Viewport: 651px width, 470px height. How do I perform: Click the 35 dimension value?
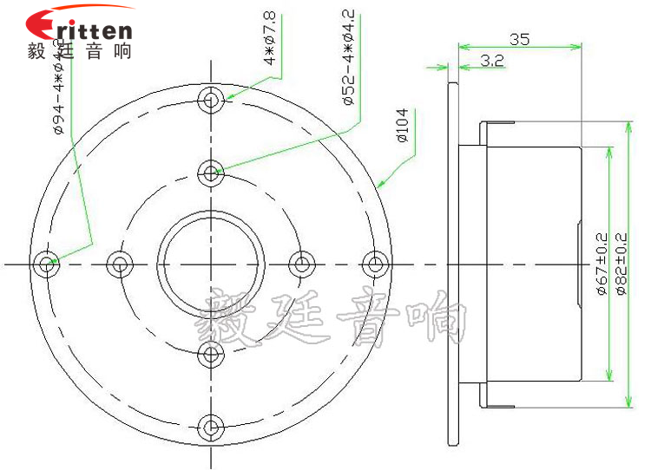(x=519, y=39)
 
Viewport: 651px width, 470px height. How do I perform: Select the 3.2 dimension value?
(x=492, y=61)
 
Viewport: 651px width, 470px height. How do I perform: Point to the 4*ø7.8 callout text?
(x=270, y=40)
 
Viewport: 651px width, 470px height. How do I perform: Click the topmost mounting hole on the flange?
(x=210, y=101)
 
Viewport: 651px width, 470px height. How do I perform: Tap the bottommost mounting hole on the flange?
(x=210, y=427)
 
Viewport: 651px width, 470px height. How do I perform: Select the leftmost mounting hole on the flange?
(x=47, y=264)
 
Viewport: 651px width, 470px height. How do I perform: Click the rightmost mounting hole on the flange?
(x=373, y=264)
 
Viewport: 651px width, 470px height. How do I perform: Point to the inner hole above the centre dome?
(x=210, y=173)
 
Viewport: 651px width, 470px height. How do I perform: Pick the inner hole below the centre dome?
(x=210, y=354)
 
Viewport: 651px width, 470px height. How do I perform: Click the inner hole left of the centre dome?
(x=120, y=264)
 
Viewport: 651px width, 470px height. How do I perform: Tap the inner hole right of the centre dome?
(x=300, y=264)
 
